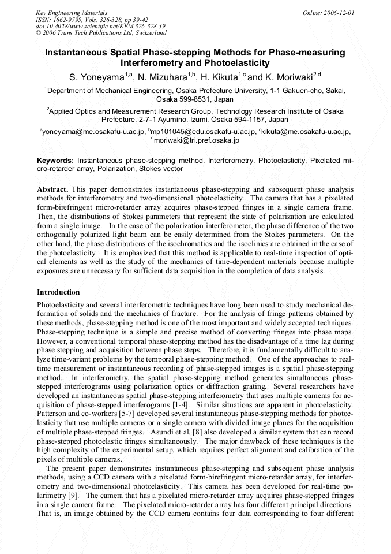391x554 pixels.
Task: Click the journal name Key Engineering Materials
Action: pyautogui.click(x=72, y=12)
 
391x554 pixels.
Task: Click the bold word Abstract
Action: pyautogui.click(x=53, y=189)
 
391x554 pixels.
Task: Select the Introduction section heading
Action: pyautogui.click(x=58, y=292)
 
